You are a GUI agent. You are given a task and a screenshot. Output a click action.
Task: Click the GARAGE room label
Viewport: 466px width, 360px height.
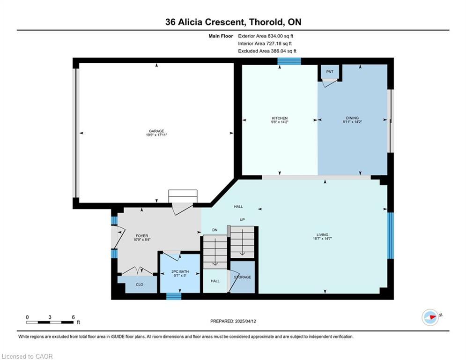pos(156,131)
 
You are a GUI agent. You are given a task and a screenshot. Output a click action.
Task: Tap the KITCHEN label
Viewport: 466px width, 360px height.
pos(280,118)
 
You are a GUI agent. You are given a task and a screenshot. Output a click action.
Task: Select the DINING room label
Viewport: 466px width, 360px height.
pos(352,118)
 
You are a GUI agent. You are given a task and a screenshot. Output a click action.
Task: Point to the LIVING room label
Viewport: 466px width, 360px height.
pos(323,235)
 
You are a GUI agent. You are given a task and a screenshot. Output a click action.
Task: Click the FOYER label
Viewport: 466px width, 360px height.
pos(142,236)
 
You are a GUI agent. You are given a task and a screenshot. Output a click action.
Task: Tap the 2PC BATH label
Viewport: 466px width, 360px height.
pos(180,271)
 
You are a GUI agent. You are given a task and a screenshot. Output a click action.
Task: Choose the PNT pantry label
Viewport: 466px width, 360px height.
pos(330,72)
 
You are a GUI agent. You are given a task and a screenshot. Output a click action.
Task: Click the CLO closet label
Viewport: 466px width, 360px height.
pos(140,285)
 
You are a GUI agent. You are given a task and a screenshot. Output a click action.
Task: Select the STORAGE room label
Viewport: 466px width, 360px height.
pos(243,277)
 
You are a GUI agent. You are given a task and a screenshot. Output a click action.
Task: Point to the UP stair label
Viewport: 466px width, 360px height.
pos(242,219)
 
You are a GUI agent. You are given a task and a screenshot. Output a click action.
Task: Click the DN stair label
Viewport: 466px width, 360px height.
pos(215,230)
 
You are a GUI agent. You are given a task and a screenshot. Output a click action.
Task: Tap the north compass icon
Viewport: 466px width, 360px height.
pos(430,317)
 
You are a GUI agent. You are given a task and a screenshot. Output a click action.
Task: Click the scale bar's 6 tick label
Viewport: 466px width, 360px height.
pos(73,317)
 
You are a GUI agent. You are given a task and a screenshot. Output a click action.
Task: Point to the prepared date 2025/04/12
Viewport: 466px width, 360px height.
pos(245,321)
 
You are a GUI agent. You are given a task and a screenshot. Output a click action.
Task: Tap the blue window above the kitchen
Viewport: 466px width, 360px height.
pos(289,61)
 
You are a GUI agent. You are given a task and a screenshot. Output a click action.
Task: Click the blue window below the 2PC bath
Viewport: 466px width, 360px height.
pos(174,296)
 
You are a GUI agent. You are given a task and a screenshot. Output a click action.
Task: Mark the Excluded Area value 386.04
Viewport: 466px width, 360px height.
pos(279,51)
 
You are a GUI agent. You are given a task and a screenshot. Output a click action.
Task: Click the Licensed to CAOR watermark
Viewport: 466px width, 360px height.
pos(27,356)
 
